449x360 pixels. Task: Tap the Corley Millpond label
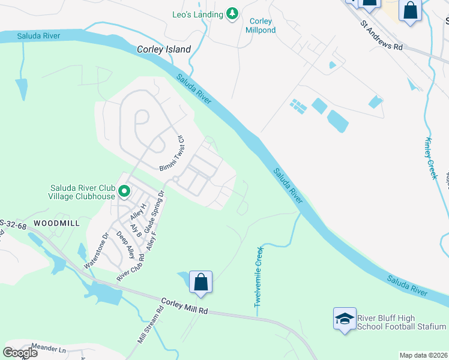point(261,25)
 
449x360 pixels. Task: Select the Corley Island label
point(164,50)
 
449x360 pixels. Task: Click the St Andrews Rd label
point(381,37)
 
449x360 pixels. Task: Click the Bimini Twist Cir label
point(172,153)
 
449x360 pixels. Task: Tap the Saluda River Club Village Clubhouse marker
point(124,191)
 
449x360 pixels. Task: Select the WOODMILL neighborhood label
point(56,223)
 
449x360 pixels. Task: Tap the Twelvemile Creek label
point(259,276)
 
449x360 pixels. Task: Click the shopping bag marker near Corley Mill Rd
point(200,282)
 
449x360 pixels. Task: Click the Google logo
point(20,353)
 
